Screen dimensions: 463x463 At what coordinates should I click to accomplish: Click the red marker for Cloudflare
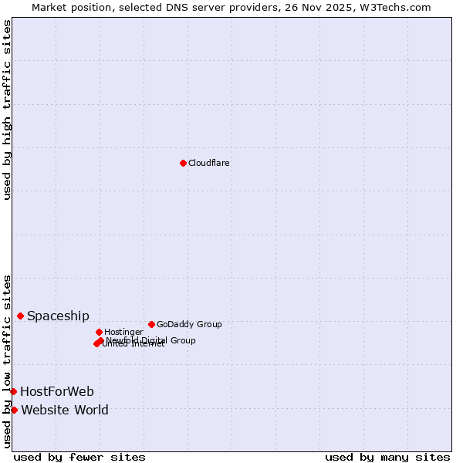(x=183, y=163)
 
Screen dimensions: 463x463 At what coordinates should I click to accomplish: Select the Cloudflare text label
(x=209, y=163)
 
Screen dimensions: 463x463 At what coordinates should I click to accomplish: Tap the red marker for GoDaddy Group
(x=151, y=324)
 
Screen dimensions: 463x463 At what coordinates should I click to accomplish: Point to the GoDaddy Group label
(x=189, y=324)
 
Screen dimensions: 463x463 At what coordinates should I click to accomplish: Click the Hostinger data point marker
(x=99, y=332)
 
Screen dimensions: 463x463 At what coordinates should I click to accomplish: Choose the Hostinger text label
(x=123, y=332)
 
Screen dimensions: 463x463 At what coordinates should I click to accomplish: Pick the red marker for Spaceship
(x=20, y=316)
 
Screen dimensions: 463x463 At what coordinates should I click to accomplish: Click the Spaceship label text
(x=58, y=316)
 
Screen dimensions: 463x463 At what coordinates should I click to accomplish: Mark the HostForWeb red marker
(x=13, y=391)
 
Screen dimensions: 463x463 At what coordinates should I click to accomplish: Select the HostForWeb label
(x=57, y=391)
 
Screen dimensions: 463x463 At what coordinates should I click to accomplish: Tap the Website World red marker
(x=14, y=410)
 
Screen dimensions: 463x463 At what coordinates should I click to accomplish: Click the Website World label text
(x=65, y=410)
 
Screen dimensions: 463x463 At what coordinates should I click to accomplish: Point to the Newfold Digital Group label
(x=151, y=340)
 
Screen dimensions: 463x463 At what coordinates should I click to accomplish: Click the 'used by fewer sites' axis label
(x=79, y=457)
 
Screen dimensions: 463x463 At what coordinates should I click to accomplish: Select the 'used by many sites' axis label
(x=387, y=457)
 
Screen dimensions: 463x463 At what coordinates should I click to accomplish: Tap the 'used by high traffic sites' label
(x=7, y=110)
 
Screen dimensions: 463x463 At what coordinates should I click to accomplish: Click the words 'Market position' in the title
(x=68, y=7)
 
